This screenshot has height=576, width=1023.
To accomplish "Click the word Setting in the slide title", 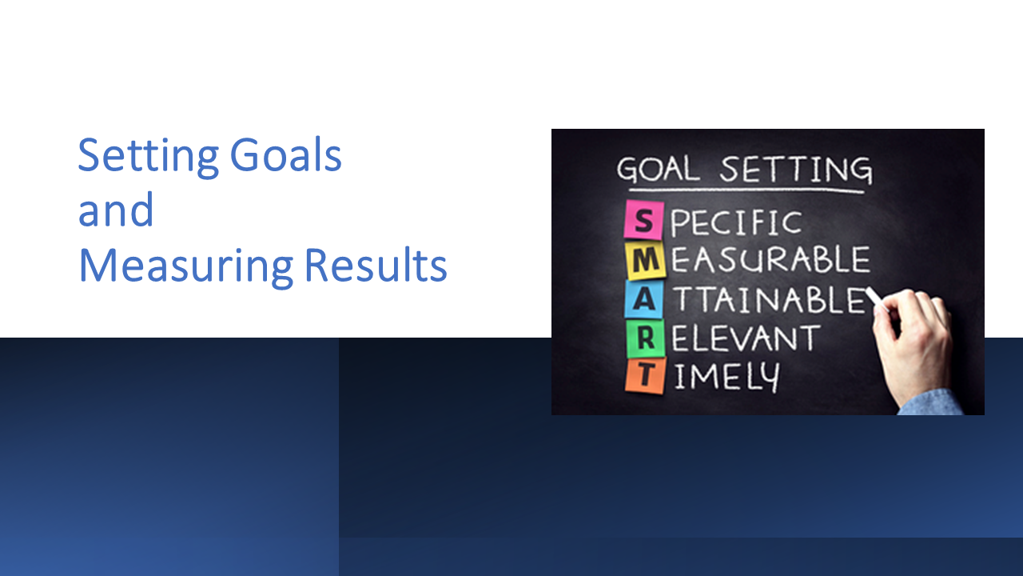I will click(x=148, y=157).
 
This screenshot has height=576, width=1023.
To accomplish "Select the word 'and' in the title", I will click(x=115, y=211).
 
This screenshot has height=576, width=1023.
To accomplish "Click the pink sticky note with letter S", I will click(x=644, y=220).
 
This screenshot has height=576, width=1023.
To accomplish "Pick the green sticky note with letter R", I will click(x=645, y=338).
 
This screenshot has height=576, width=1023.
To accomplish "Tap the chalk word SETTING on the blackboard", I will click(x=796, y=170).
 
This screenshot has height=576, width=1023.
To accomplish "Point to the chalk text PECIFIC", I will click(x=735, y=222).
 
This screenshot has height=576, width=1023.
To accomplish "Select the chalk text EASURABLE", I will click(x=770, y=261).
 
